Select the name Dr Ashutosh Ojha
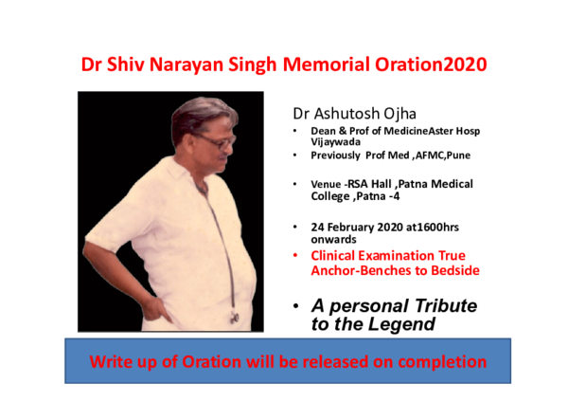pyautogui.click(x=352, y=113)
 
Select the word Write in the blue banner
pyautogui.click(x=112, y=362)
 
